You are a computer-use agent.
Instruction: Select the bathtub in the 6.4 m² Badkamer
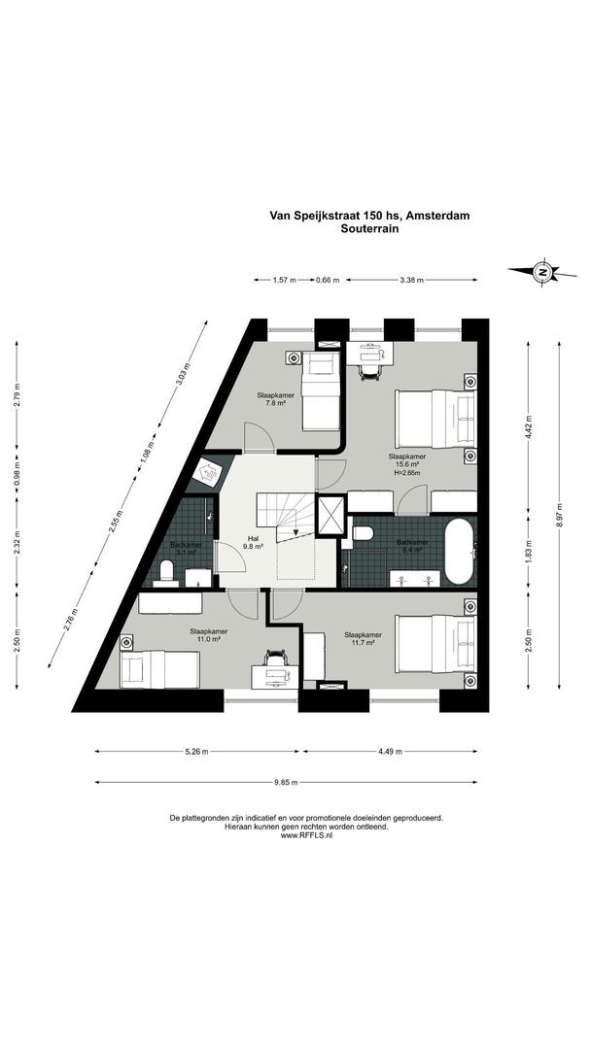pyautogui.click(x=459, y=551)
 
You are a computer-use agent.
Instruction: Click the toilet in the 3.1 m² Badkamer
pyautogui.click(x=167, y=570)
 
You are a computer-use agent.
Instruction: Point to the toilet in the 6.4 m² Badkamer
pyautogui.click(x=362, y=532)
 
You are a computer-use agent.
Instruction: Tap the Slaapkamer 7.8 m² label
pyautogui.click(x=276, y=398)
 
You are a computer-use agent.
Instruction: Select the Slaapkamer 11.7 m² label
pyautogui.click(x=363, y=639)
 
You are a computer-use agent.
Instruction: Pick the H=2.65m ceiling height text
pyautogui.click(x=406, y=473)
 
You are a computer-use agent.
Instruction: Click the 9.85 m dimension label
pyautogui.click(x=286, y=782)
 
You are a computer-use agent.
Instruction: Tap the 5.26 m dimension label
pyautogui.click(x=198, y=751)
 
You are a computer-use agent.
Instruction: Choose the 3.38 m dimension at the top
pyautogui.click(x=412, y=280)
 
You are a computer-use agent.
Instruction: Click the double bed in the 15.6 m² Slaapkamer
pyautogui.click(x=435, y=416)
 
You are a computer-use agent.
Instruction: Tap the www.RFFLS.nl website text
pyautogui.click(x=306, y=834)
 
